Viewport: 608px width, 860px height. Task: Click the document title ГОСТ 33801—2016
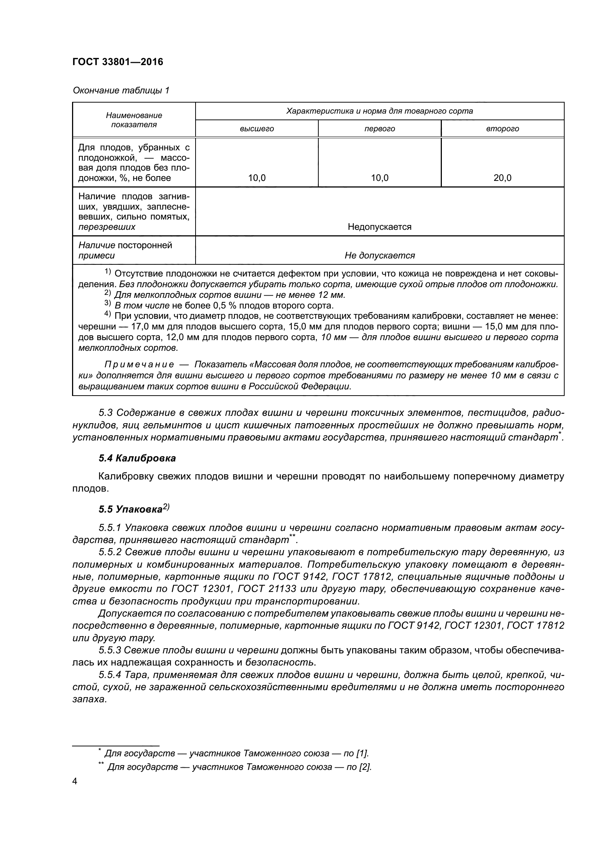pos(118,62)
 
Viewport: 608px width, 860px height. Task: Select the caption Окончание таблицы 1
pos(121,90)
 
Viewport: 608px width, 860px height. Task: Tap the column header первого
pos(379,129)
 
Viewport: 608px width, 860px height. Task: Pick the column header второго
pos(503,129)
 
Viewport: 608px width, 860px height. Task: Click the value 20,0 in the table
pos(503,178)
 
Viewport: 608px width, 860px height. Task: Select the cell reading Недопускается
pos(379,226)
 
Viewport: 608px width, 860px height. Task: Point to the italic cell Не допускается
pos(379,256)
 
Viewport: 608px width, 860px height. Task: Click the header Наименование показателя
pos(134,120)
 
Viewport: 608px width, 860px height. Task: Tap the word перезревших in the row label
pos(107,227)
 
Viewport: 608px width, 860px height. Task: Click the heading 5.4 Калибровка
pos(137,458)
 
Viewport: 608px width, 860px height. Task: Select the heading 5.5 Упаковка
pos(134,508)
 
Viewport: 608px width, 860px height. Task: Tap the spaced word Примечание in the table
pos(139,364)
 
